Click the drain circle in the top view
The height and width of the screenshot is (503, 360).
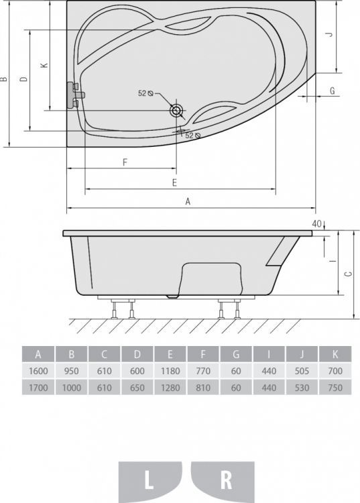click(177, 110)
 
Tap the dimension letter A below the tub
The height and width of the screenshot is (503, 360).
click(188, 201)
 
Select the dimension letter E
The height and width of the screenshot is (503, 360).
click(174, 182)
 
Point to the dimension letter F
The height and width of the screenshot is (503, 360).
click(125, 162)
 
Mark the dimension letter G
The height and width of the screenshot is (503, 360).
click(332, 90)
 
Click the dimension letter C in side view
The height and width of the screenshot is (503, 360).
click(347, 274)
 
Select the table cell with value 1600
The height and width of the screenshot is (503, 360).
click(38, 370)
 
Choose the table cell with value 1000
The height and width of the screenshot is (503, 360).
click(71, 386)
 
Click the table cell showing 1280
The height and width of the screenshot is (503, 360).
click(170, 386)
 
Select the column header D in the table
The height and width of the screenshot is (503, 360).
click(137, 354)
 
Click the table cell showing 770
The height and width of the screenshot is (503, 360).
click(203, 370)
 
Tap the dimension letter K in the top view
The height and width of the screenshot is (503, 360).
click(44, 65)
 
